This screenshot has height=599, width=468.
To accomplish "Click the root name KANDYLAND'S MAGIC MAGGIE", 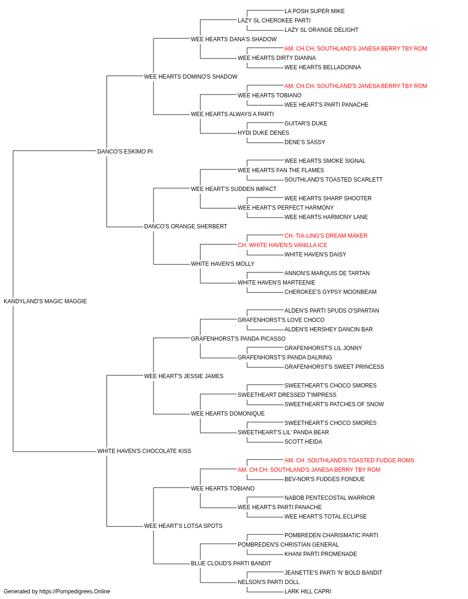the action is coord(45,301).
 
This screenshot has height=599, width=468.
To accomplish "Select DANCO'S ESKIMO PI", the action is coord(125,152).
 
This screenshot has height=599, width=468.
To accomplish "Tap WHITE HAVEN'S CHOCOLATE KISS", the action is coord(144,451).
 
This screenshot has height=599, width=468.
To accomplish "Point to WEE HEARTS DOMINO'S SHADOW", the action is coord(191,77).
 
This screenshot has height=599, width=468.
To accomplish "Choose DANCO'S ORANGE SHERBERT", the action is coord(185,226).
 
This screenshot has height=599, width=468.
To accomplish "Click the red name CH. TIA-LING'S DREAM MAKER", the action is coord(326,236).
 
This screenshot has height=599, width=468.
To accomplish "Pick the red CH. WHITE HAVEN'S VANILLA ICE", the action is coord(283,245).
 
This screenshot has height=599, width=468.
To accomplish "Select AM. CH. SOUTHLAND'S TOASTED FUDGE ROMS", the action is coord(349,460).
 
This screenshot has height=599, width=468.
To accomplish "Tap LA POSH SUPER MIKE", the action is coord(314,11).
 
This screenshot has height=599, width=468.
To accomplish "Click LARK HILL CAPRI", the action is coord(308,592).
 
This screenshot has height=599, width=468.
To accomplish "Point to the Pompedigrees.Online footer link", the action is coord(75,592).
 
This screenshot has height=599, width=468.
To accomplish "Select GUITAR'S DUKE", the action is coord(306,124).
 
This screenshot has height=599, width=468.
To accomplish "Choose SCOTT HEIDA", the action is coord(303,442).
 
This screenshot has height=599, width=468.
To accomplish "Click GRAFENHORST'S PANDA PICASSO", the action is coord(238,339).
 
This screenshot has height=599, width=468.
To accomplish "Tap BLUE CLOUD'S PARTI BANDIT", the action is coord(231,563).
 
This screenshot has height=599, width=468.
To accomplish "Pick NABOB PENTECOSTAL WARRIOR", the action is coord(329,498).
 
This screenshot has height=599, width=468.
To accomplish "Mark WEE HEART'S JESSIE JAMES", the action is coord(184,376).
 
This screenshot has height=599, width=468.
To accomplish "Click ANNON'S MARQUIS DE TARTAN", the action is coord(327,273).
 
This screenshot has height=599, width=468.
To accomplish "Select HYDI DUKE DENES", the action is coord(263,133).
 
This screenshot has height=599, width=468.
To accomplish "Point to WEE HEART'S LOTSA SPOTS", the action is coord(183,526).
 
